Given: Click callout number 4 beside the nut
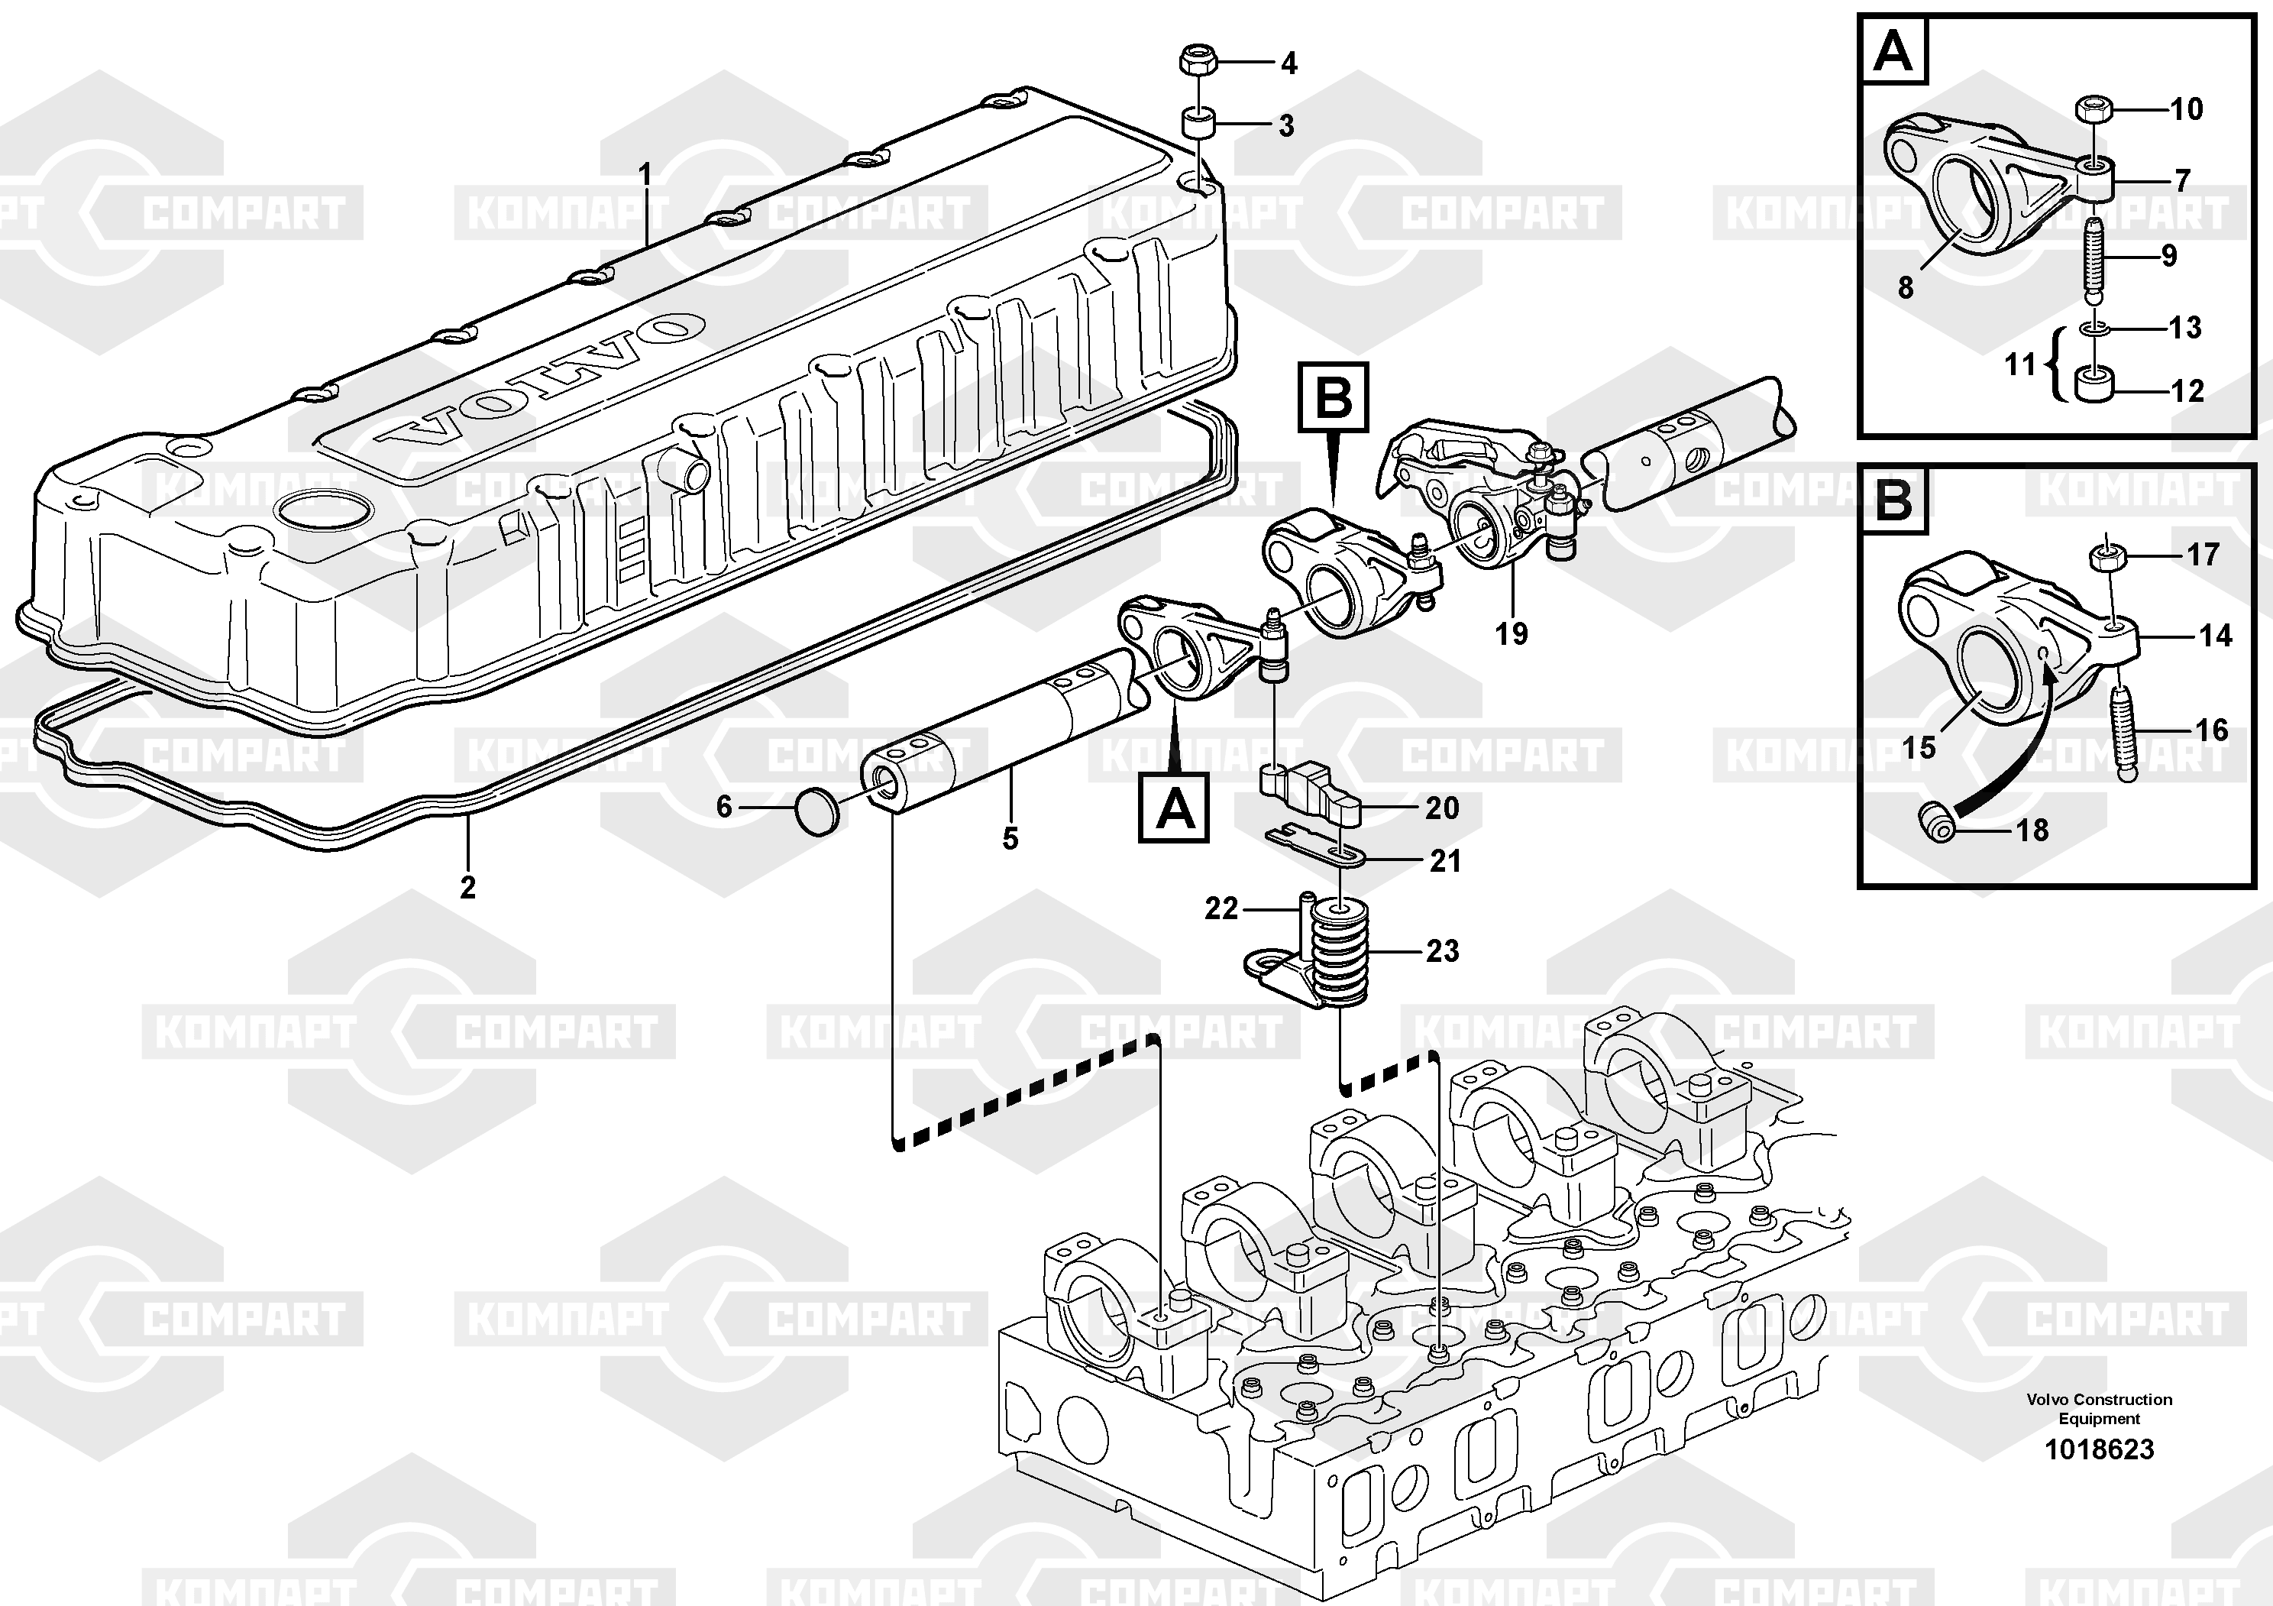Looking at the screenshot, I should click(x=1288, y=64).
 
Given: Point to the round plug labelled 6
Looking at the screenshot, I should click(x=816, y=812).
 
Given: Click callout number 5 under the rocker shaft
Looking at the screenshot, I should click(x=1010, y=839).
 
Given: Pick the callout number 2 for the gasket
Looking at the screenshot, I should click(x=467, y=887).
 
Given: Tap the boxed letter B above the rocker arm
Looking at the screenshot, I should click(x=1334, y=398).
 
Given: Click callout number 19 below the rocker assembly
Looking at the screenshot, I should click(x=1511, y=633).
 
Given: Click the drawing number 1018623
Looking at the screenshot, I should click(x=2099, y=1449).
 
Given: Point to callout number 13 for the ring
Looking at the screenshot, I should click(x=2185, y=328).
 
